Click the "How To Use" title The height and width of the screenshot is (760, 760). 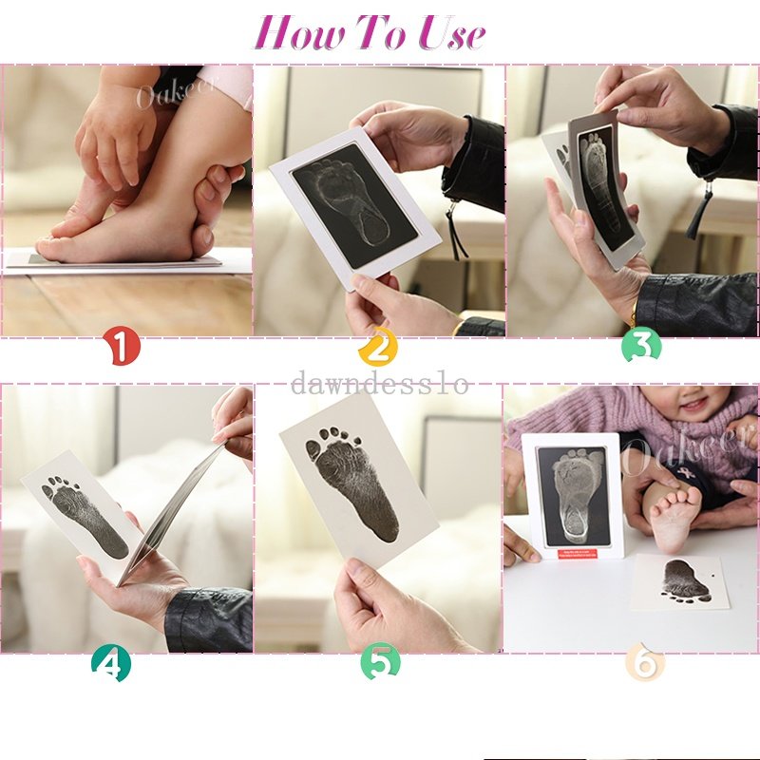click(370, 33)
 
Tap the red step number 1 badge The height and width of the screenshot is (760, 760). click(122, 347)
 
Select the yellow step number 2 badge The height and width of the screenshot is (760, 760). click(377, 348)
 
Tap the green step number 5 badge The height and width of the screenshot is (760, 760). click(380, 662)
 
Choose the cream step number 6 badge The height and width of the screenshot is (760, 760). click(645, 662)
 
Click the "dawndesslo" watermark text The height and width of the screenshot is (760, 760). click(380, 383)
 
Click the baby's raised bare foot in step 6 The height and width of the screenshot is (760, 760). click(674, 518)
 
